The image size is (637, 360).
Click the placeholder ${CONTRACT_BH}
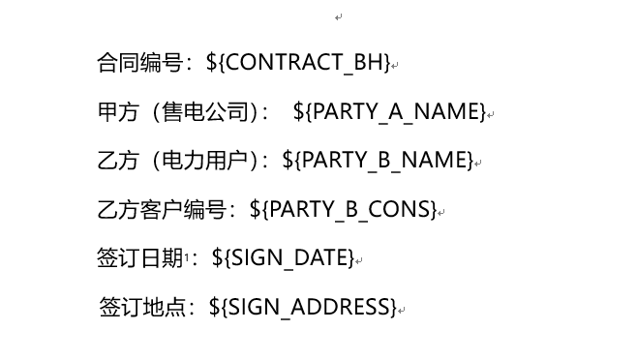(x=298, y=63)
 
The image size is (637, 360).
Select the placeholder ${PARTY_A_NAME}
(x=389, y=111)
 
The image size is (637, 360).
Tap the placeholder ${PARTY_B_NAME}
(x=378, y=160)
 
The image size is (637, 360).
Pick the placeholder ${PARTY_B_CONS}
(x=343, y=209)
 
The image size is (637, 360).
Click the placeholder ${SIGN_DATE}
(x=283, y=257)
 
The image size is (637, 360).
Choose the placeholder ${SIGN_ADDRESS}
(x=302, y=308)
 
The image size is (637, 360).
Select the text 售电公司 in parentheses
(x=205, y=111)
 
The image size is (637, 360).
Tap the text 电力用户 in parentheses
(x=205, y=160)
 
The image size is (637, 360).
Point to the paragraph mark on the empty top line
(x=339, y=16)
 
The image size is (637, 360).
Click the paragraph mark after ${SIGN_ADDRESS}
(x=402, y=311)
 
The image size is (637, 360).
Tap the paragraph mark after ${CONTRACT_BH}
(x=395, y=66)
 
